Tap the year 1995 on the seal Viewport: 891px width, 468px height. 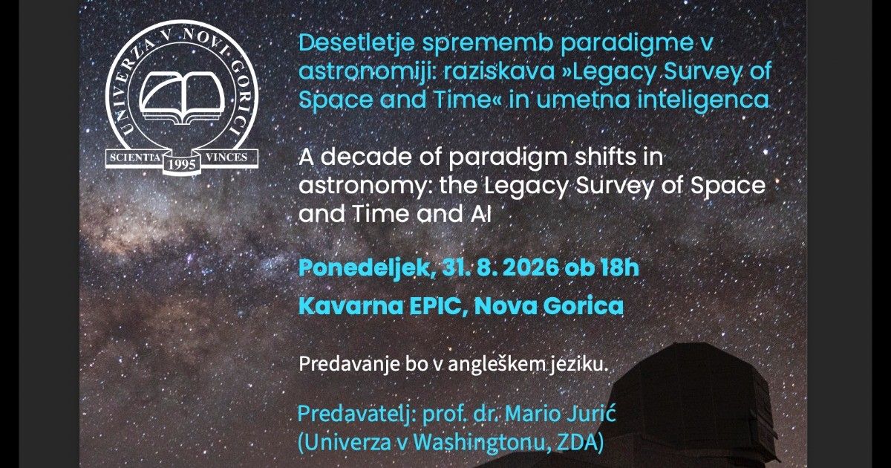[182, 164]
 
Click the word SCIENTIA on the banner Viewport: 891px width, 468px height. [135, 157]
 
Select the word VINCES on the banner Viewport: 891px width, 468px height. [226, 157]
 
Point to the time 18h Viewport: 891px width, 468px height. [620, 267]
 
